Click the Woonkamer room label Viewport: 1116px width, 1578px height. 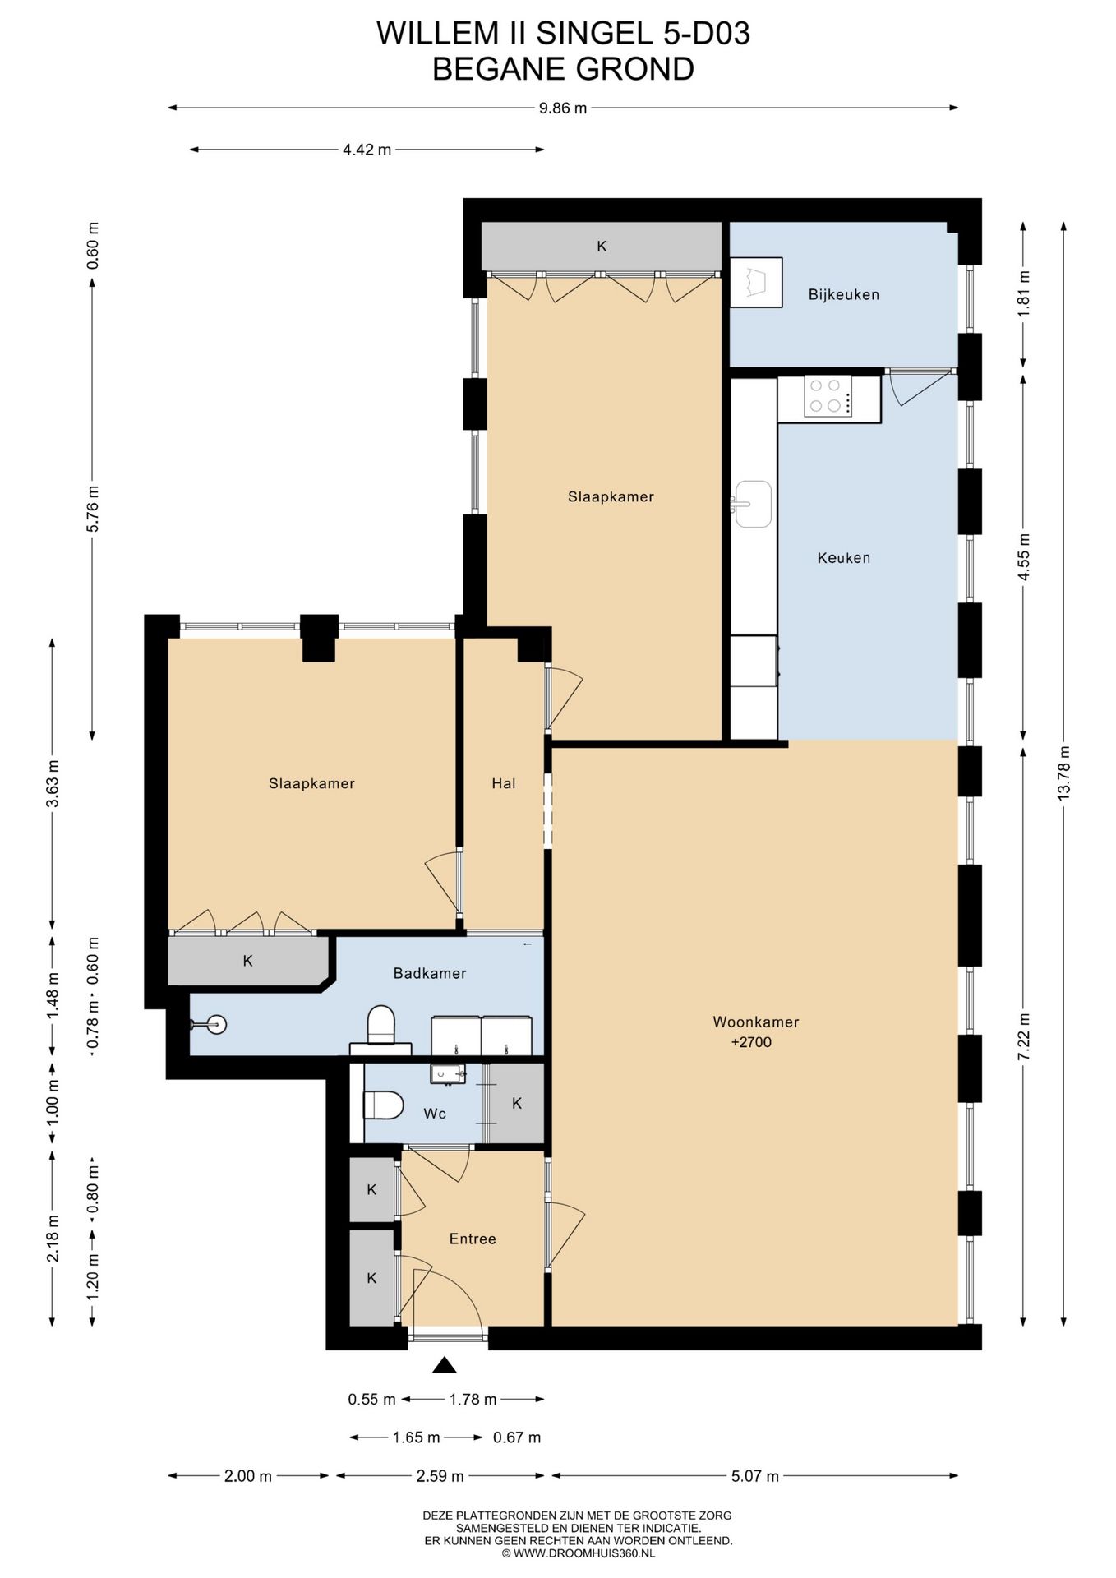tap(755, 1022)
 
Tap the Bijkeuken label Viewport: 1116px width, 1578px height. tap(843, 294)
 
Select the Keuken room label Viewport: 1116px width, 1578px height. tap(843, 558)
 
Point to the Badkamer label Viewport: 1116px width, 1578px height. tap(430, 973)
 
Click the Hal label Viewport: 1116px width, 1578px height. tap(504, 783)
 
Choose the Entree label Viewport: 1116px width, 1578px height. tap(473, 1239)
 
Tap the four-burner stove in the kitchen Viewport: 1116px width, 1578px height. tap(828, 396)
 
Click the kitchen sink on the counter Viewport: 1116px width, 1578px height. tap(752, 504)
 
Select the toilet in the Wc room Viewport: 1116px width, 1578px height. tap(383, 1105)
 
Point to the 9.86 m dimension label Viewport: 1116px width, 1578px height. tap(563, 108)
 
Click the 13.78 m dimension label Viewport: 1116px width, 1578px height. tap(1064, 773)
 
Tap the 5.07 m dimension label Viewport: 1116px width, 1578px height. tap(755, 1476)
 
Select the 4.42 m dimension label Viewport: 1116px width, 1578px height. tap(367, 150)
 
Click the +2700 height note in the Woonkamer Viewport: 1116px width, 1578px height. tap(751, 1042)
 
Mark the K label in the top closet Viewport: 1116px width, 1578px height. tap(602, 246)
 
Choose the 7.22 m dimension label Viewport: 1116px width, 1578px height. tap(1024, 1037)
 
